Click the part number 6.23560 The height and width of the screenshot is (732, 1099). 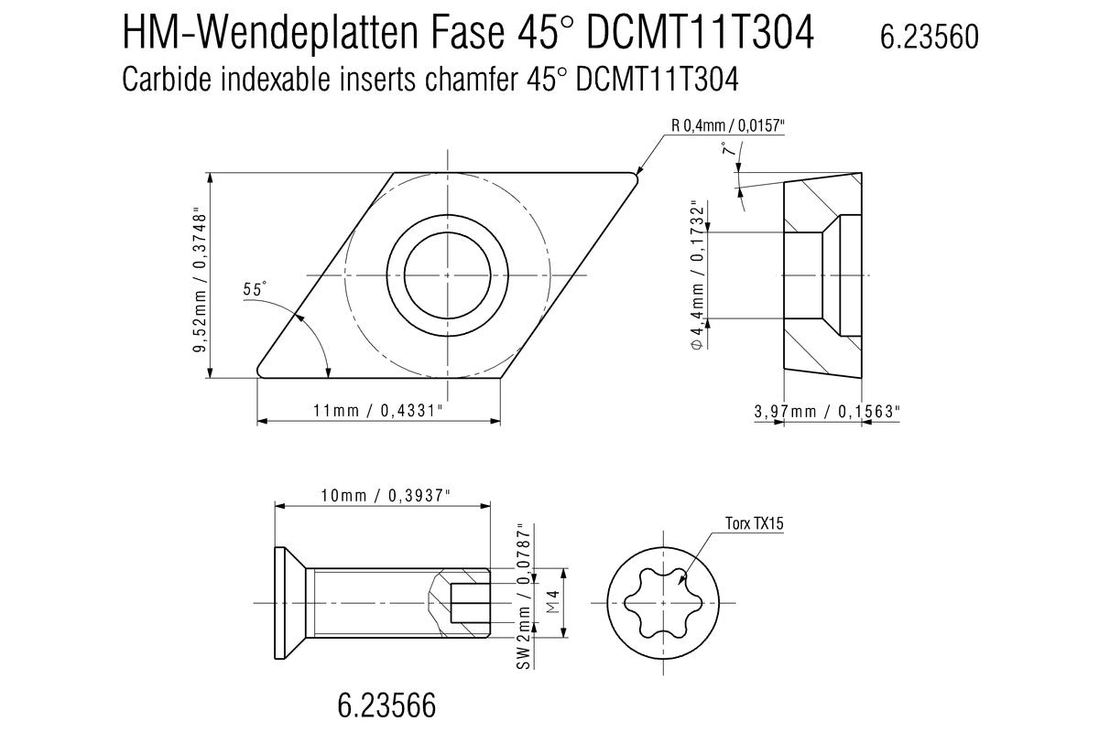929,37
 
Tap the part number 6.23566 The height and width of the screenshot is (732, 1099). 386,705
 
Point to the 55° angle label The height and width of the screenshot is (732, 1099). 255,289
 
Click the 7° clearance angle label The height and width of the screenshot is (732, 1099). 728,153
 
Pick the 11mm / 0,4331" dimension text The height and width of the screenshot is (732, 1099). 378,411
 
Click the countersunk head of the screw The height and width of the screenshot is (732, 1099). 289,603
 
